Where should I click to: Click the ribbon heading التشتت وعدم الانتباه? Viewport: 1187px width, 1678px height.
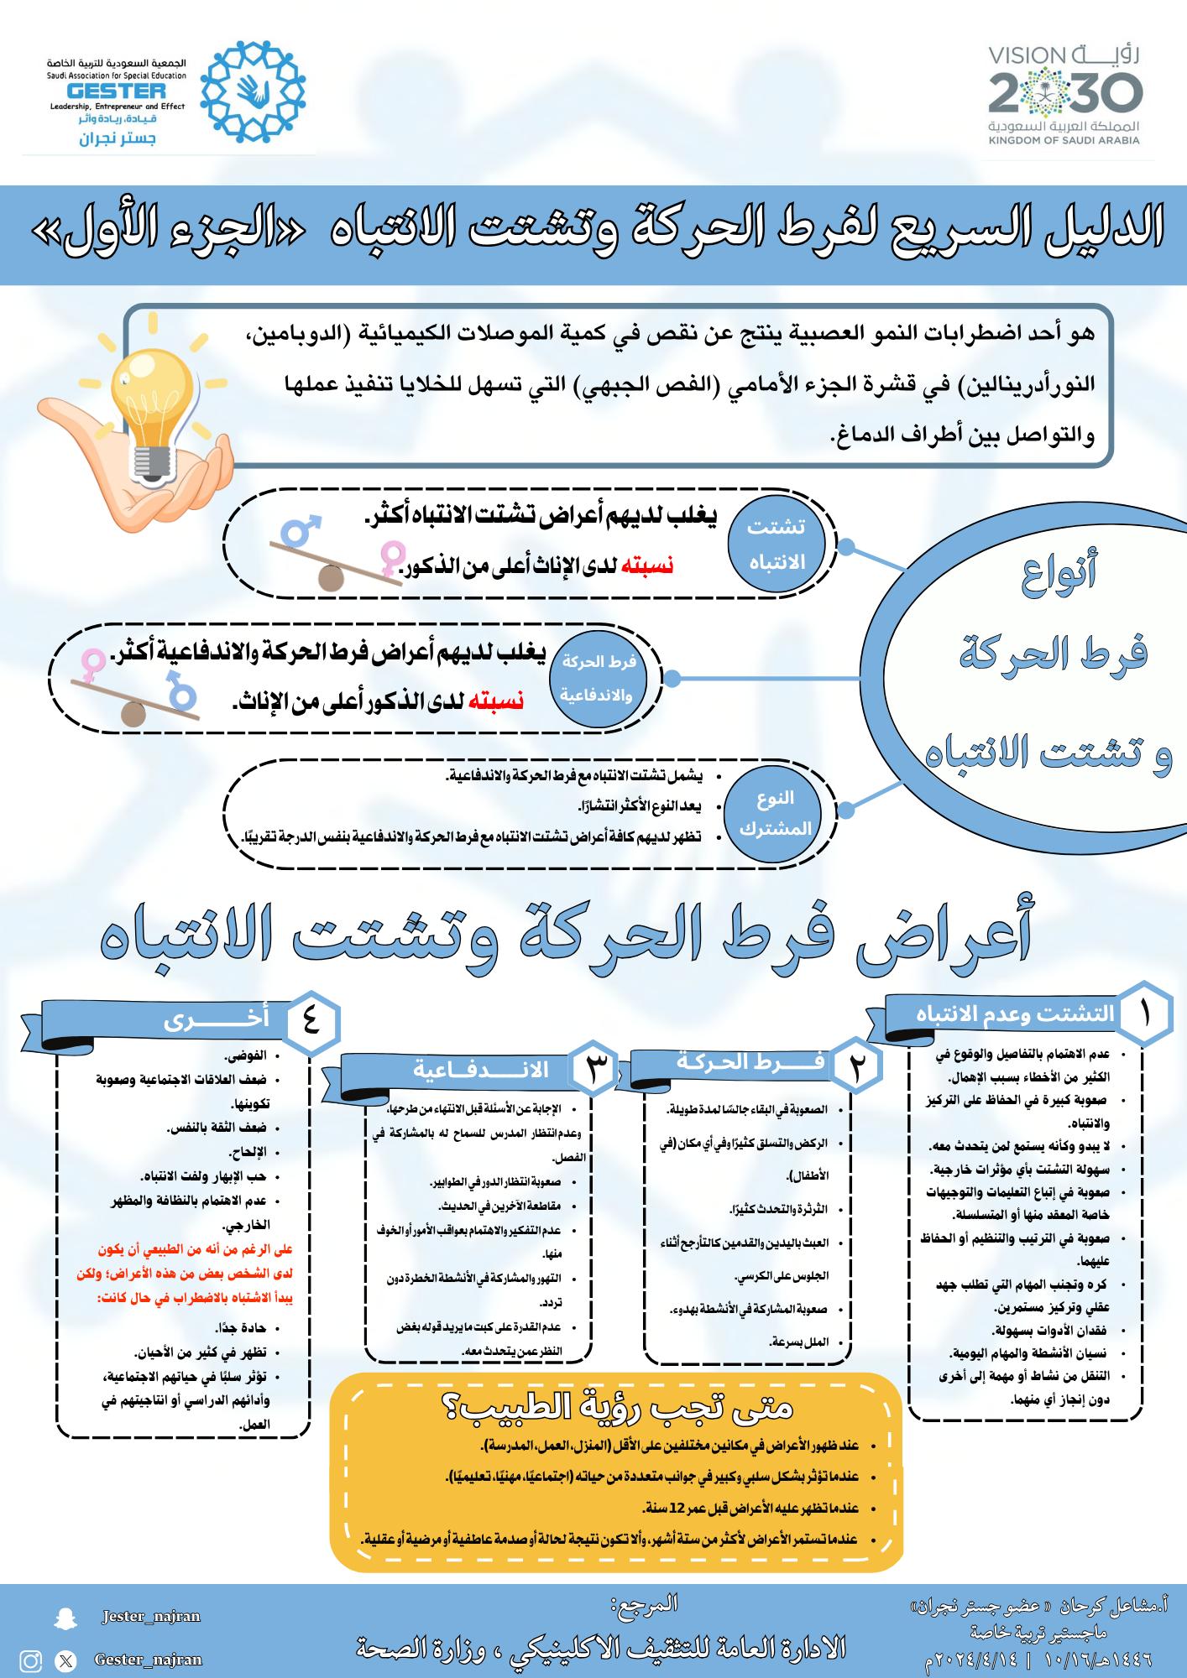[1015, 1014]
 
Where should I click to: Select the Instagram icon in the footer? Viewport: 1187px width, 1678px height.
[31, 1660]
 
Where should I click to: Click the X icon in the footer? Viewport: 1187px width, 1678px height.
[65, 1660]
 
